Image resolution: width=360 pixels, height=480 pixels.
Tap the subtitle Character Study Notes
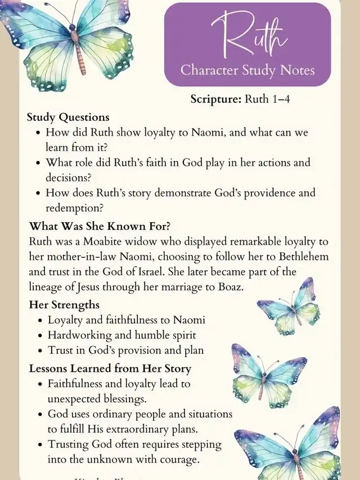click(x=247, y=71)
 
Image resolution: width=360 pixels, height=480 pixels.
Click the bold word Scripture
click(x=216, y=100)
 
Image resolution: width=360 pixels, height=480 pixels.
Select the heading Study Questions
click(x=67, y=118)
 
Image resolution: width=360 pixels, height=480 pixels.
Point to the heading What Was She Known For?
click(x=100, y=227)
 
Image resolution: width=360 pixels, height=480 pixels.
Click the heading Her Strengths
click(x=64, y=305)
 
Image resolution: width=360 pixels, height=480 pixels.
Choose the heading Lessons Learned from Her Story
click(x=110, y=369)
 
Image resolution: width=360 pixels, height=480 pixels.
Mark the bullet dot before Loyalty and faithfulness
click(x=38, y=320)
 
